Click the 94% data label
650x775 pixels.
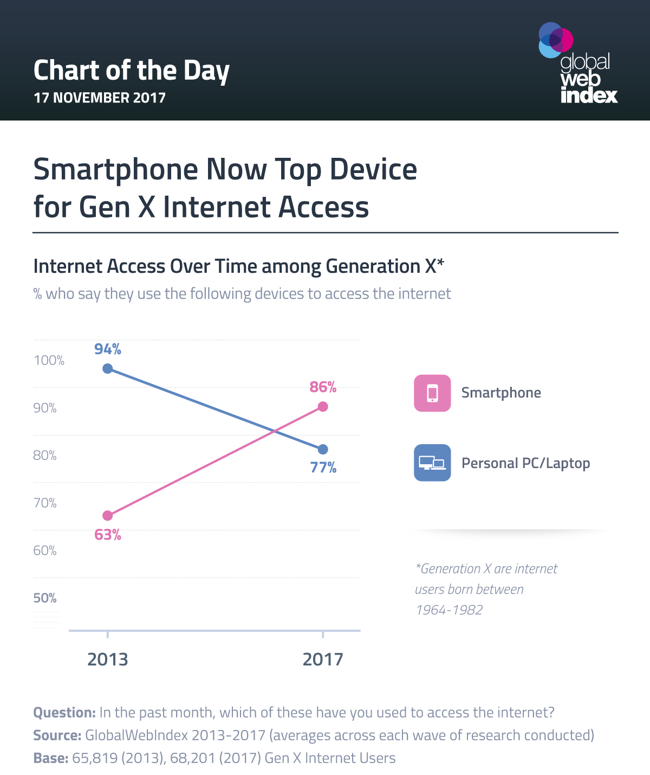[x=107, y=349]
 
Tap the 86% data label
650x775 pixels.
[x=323, y=387]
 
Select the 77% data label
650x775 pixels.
[x=323, y=467]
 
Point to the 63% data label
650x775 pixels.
[x=107, y=535]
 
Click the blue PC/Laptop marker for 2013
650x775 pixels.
[x=107, y=369]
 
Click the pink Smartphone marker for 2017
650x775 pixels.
[x=323, y=407]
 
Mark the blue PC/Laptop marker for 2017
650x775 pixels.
[x=323, y=450]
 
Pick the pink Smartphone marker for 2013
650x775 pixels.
[x=107, y=515]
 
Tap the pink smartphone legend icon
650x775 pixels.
[x=432, y=393]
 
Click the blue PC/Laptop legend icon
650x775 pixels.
[x=432, y=463]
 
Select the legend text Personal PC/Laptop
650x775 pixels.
[x=525, y=464]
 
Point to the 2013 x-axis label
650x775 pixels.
[x=107, y=659]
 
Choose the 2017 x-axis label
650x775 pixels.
[x=323, y=659]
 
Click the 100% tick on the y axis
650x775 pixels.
[x=49, y=361]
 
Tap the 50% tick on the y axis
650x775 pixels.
[x=45, y=598]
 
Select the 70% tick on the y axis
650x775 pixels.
[x=45, y=503]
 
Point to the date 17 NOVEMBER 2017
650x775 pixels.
[x=100, y=98]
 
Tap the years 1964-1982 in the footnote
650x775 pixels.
[x=449, y=610]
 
